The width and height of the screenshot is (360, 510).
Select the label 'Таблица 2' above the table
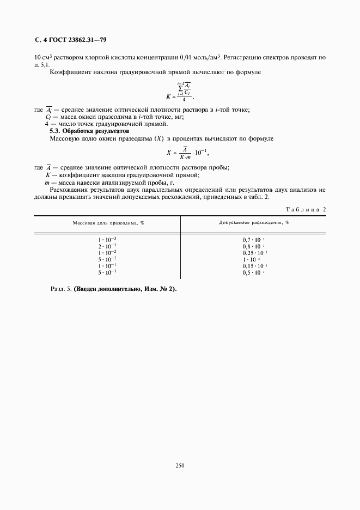pos(306,209)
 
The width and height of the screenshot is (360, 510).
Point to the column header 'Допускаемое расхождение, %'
pos(254,223)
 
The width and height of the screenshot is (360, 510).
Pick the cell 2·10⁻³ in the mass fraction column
pos(107,246)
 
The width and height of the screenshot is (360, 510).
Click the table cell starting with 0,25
pos(254,252)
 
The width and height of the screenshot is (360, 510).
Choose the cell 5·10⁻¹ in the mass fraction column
pos(107,272)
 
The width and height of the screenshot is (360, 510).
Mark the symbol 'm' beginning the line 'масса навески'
pos(48,183)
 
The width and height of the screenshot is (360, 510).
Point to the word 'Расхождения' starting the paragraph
pos(69,190)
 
